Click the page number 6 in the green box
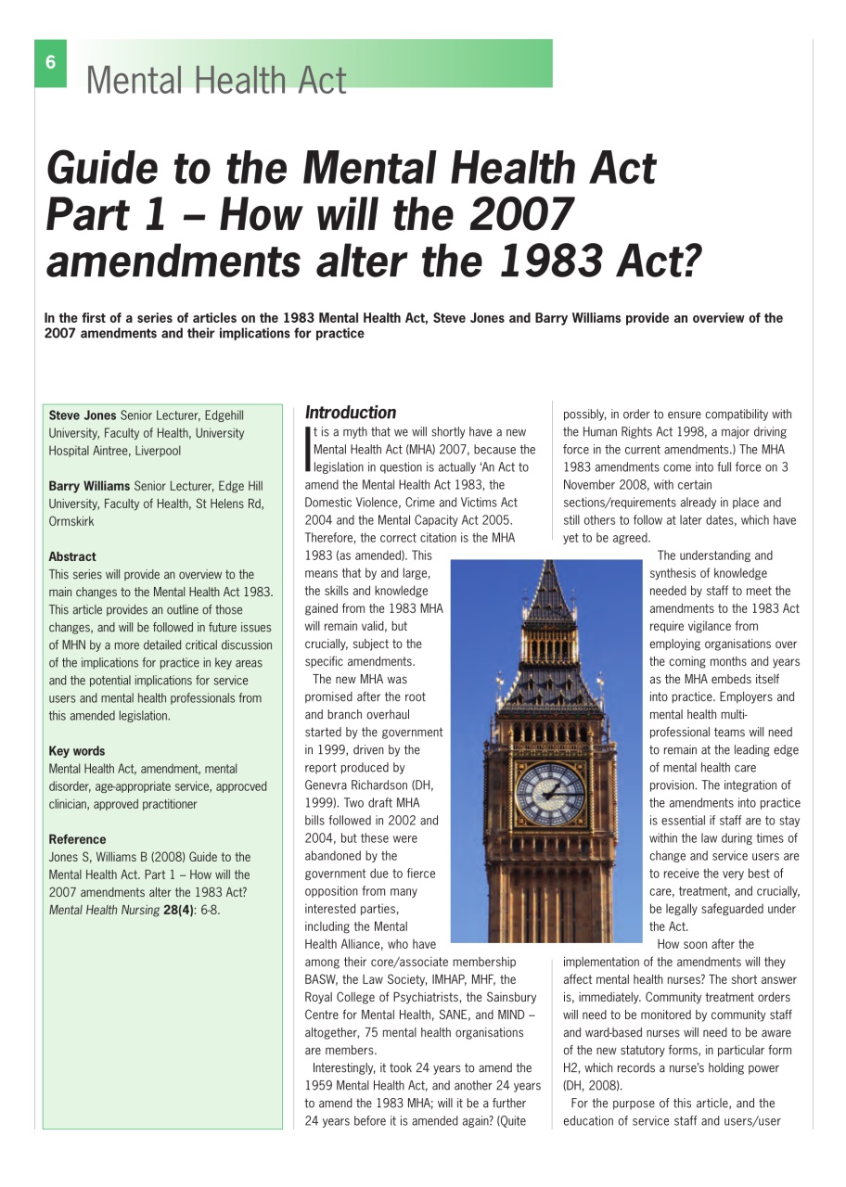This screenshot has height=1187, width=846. pyautogui.click(x=51, y=63)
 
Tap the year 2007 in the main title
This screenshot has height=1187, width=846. pyautogui.click(x=514, y=214)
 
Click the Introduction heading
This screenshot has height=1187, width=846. pyautogui.click(x=351, y=413)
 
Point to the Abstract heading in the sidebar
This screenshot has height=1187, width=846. pyautogui.click(x=72, y=556)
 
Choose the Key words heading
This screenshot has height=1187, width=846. pyautogui.click(x=77, y=751)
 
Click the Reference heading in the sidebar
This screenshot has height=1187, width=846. pyautogui.click(x=77, y=839)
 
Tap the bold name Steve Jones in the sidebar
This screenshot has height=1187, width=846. pyautogui.click(x=83, y=415)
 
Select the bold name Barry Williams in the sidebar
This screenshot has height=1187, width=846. pyautogui.click(x=90, y=486)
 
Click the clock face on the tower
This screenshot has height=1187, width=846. pyautogui.click(x=550, y=793)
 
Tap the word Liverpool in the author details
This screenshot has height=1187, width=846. pyautogui.click(x=157, y=451)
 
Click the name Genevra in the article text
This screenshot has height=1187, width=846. pyautogui.click(x=330, y=785)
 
